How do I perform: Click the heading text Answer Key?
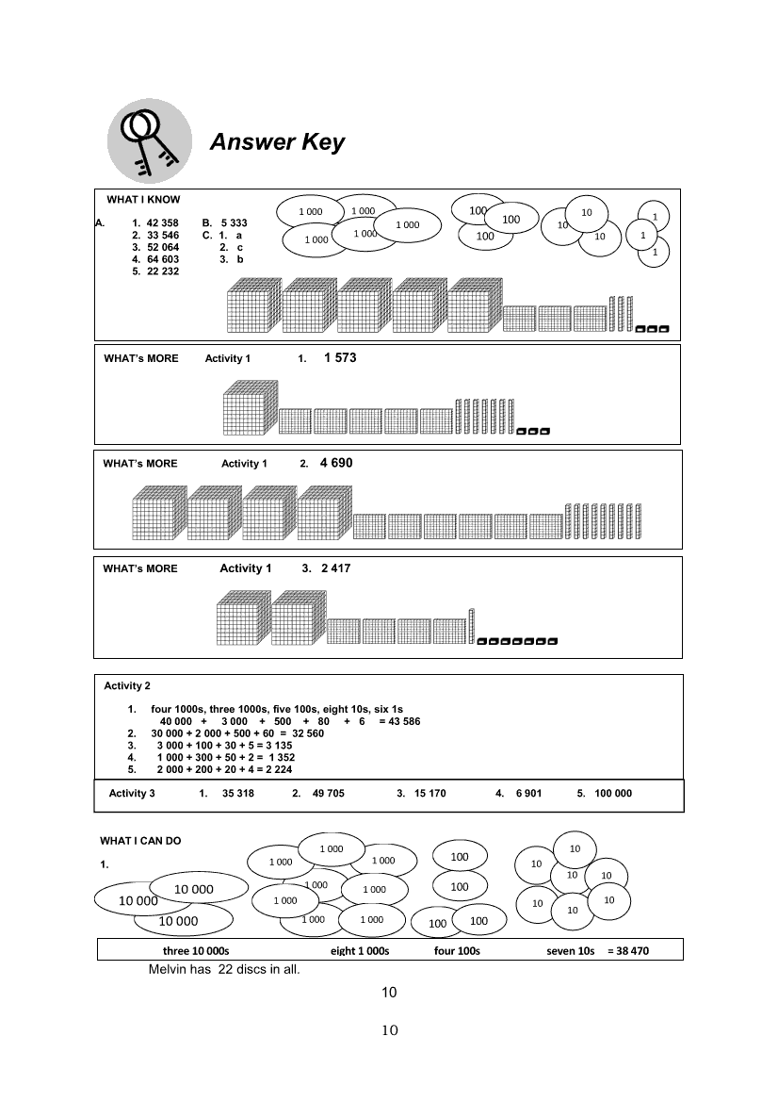[x=277, y=142]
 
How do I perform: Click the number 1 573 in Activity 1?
[x=340, y=358]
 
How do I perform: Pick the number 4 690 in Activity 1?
[x=336, y=463]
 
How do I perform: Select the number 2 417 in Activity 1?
[x=336, y=568]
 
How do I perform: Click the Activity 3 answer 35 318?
[x=238, y=794]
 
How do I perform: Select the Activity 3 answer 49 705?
[x=329, y=794]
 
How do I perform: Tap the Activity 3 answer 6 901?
[x=528, y=794]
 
